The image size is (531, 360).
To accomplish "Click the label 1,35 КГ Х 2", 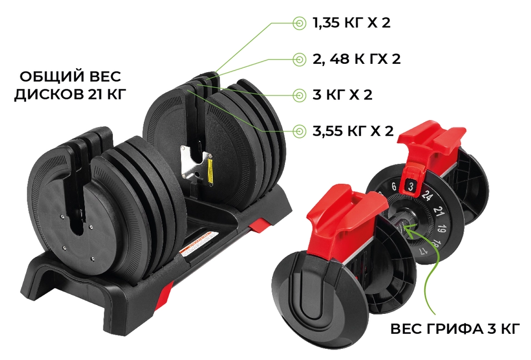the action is pos(352,23).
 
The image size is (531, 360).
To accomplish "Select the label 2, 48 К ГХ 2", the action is pos(357,59).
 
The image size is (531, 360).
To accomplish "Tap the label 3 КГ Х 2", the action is pos(342,95).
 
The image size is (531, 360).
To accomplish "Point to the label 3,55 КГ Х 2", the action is pos(353,131).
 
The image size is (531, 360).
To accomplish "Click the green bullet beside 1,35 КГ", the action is pos(299,23).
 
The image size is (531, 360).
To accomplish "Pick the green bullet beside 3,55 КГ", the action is pos(299,131).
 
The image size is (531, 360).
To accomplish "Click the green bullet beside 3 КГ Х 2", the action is pos(299,95).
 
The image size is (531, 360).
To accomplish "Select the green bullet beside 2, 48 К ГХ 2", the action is pos(299,59).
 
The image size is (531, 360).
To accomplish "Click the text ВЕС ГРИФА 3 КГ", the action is pos(455,329).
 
